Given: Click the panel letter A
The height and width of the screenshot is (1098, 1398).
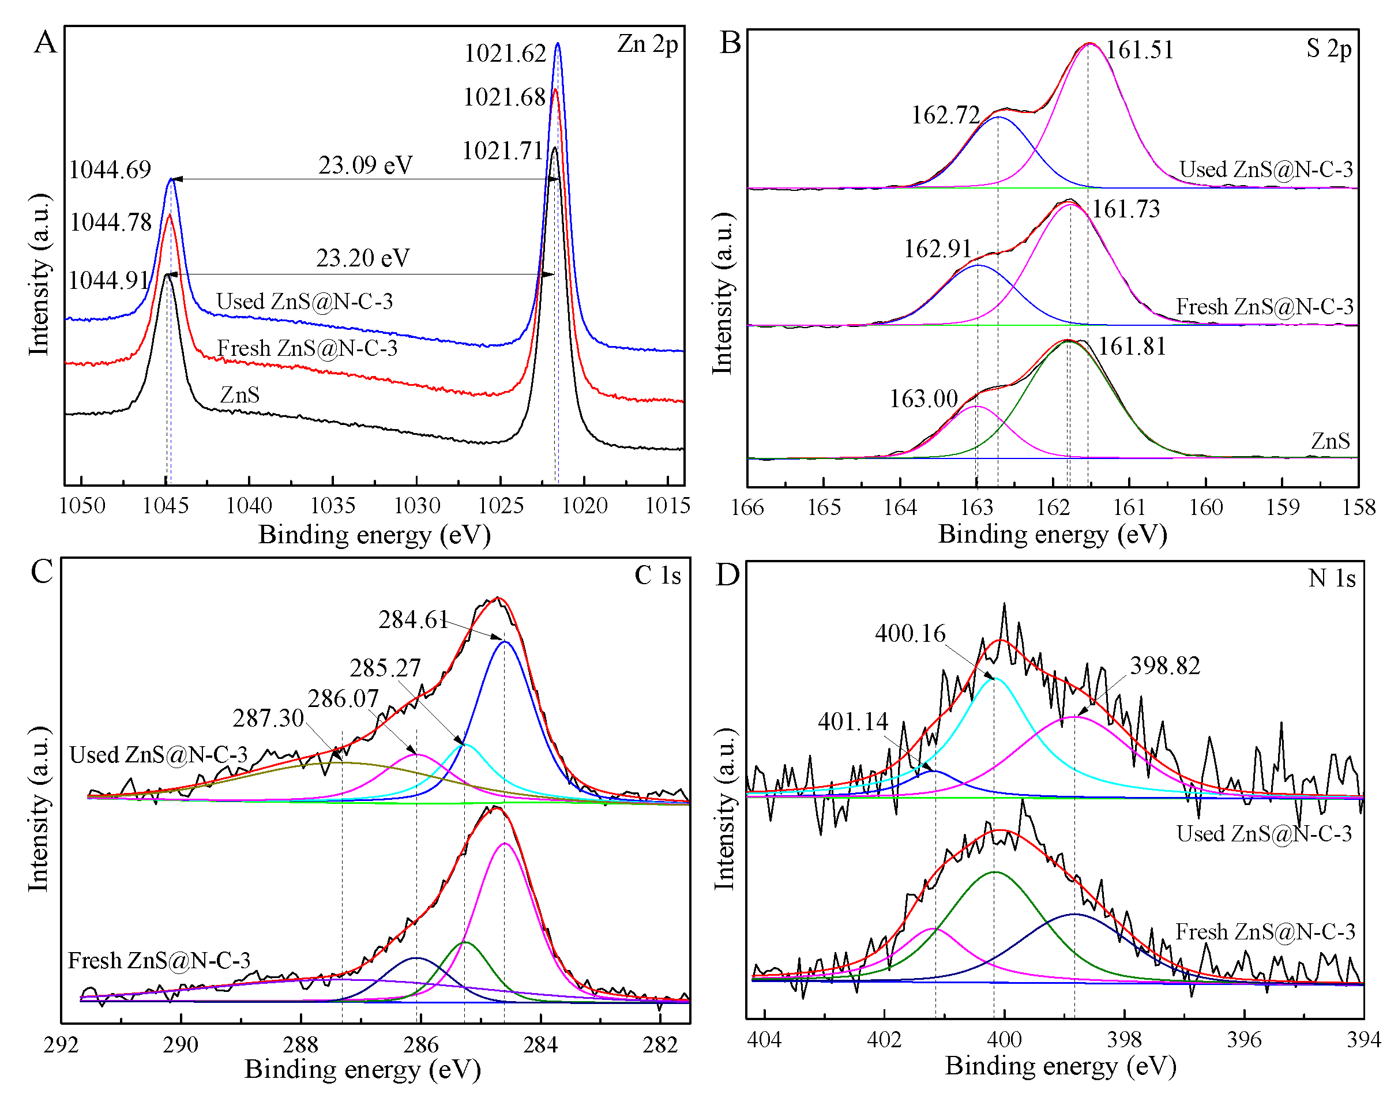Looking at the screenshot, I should click(46, 43).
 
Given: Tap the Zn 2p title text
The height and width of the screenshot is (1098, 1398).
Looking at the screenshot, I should click(647, 44).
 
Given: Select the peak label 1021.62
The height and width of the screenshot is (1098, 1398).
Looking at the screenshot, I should click(505, 54).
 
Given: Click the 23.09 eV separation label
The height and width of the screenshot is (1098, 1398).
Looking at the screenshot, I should click(365, 165).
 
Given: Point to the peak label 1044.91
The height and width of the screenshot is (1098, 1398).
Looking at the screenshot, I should click(108, 281).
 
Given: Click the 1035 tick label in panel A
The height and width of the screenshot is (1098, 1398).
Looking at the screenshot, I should click(332, 506).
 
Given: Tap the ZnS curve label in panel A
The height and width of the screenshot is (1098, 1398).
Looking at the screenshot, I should click(240, 394).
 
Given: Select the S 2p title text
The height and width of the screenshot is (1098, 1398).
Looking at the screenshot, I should click(1329, 49).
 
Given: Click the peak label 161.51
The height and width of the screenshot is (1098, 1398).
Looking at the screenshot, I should click(1140, 50).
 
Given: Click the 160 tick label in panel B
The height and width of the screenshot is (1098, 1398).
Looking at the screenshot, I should click(1206, 508).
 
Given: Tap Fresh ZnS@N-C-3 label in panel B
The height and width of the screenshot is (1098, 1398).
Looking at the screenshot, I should click(1264, 307).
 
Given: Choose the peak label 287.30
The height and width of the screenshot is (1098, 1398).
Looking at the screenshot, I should click(268, 718).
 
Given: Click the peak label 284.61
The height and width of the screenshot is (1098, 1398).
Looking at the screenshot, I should click(412, 620).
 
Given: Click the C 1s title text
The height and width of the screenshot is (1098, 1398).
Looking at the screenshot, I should click(657, 576).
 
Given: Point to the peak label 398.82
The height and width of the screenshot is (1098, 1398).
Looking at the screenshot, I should click(1164, 666).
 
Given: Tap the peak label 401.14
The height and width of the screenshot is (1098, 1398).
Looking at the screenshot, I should click(852, 722).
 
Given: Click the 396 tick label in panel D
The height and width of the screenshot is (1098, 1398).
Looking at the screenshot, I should click(1244, 1040).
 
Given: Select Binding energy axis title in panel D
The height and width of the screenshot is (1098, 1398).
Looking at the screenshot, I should click(1060, 1066).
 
